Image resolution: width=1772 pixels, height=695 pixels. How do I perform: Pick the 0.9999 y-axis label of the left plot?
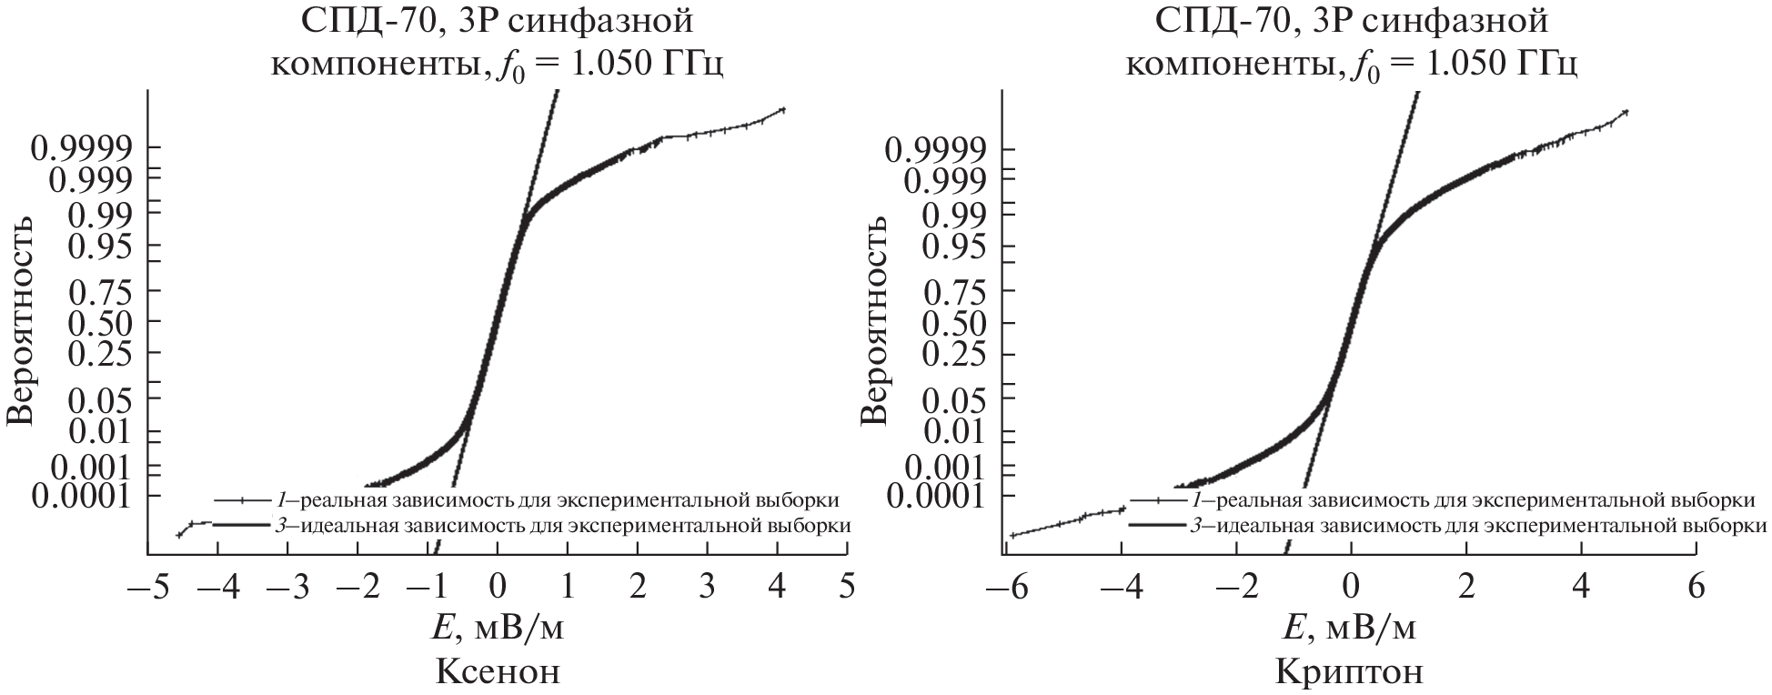[83, 147]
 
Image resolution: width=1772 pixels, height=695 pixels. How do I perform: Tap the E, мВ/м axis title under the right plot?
[1350, 630]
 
